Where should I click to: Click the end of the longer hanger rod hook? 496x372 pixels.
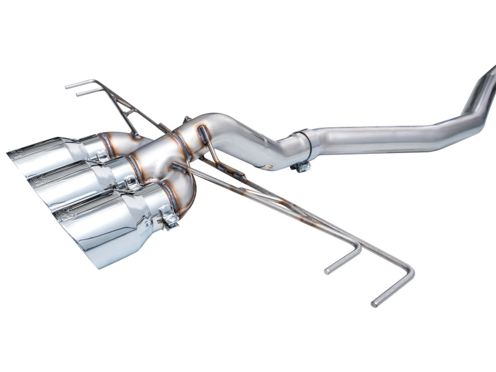point(376,304)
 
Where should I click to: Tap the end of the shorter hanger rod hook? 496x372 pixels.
point(328,270)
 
